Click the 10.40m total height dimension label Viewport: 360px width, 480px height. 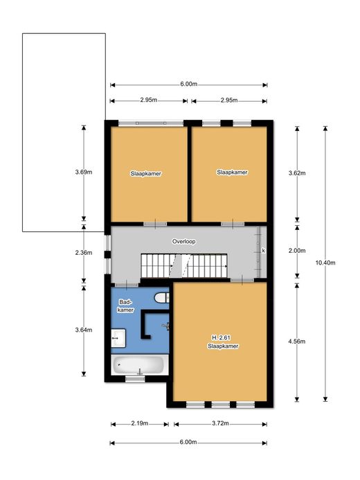coord(325,263)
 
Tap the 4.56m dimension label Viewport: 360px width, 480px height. coord(296,341)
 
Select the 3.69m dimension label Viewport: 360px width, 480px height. coord(84,172)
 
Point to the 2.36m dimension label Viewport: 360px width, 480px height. coord(84,253)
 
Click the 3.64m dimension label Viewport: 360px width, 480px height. coord(84,330)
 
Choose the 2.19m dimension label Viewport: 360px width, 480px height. coord(140,423)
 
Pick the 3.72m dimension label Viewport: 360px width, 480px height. coord(220,423)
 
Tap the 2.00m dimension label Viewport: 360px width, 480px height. coord(297,251)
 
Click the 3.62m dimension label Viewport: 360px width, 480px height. coord(297,173)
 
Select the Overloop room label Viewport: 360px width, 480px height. coord(183,241)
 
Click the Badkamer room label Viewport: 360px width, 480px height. coord(126,306)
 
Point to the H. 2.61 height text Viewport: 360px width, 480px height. coord(221,337)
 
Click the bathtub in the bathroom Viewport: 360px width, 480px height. coord(140,365)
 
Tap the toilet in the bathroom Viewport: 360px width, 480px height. coord(161,298)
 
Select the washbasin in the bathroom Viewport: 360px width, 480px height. coord(118,338)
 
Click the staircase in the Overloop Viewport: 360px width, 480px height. coord(184,265)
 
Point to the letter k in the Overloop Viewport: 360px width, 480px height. coord(263,251)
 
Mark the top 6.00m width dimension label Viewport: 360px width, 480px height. coord(189,84)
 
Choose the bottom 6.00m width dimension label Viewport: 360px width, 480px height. coord(188,442)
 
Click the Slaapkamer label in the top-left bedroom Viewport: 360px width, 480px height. coord(146,174)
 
